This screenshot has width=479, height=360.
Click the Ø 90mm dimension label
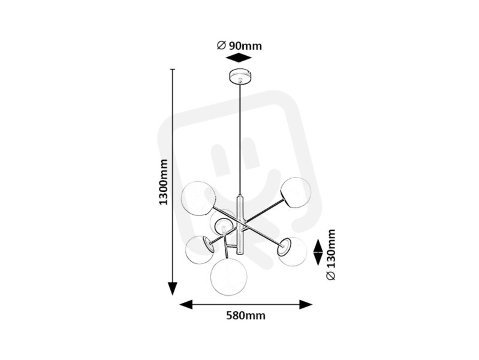tap(239, 46)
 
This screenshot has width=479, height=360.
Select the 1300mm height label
tap(164, 182)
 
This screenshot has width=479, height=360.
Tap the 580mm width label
tap(246, 316)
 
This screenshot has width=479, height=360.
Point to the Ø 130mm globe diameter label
tap(331, 255)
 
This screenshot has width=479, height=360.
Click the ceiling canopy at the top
tap(240, 76)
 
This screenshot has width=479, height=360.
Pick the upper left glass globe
tap(198, 199)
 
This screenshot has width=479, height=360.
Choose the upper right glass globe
tap(296, 193)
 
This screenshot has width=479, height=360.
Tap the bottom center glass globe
tap(229, 277)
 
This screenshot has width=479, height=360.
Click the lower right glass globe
tap(293, 251)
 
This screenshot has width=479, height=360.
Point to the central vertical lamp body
tap(240, 224)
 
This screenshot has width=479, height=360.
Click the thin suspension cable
tap(240, 139)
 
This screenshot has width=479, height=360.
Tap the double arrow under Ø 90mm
tap(239, 58)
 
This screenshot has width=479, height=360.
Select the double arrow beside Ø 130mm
tap(318, 252)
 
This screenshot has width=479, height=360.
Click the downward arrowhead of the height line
tap(173, 289)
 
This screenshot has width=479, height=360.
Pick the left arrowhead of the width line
tap(186, 305)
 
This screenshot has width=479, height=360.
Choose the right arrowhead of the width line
tap(306, 305)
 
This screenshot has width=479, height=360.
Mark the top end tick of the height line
tap(173, 69)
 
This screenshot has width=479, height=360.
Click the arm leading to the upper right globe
tap(264, 210)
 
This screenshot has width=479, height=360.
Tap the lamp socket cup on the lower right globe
tap(284, 247)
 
